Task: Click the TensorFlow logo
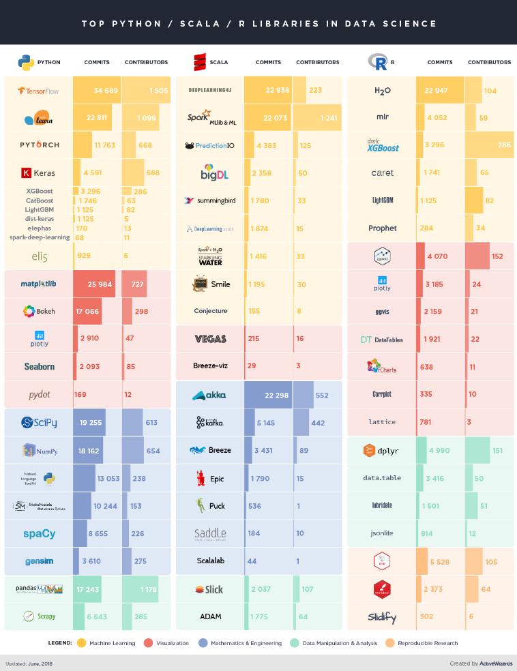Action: (38, 91)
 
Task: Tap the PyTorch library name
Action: (39, 145)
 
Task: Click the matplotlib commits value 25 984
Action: (100, 284)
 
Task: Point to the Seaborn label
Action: (39, 367)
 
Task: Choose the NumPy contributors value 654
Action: (152, 451)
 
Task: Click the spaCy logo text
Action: (39, 534)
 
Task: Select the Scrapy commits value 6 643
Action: (97, 617)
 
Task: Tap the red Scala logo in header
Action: (200, 62)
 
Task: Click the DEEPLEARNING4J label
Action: (211, 90)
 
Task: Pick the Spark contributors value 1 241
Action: (328, 118)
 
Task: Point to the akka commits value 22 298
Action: (271, 396)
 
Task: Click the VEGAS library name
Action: (210, 339)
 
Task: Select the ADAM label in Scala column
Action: (210, 617)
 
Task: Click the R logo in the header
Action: (377, 62)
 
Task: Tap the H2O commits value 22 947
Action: (439, 91)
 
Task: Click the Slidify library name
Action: (382, 617)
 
